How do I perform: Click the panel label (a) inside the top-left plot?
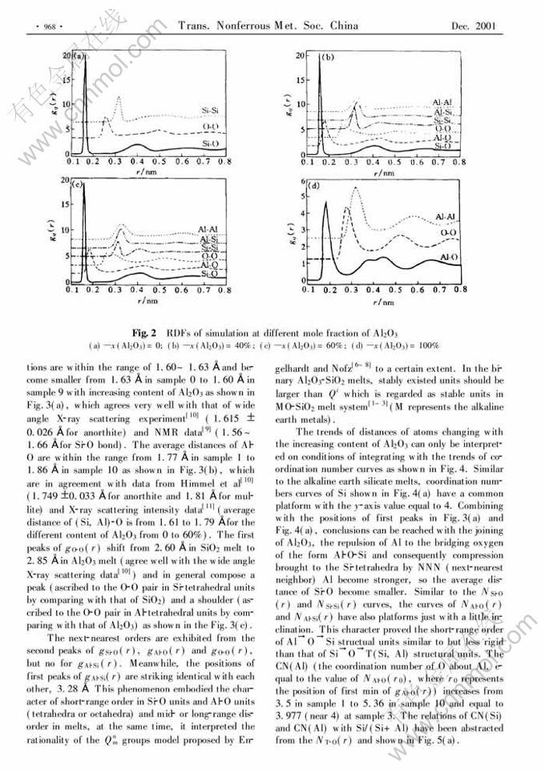point(78,56)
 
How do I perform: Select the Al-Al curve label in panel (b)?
point(442,103)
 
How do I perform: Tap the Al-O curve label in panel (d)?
point(449,257)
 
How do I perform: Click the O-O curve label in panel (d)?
point(449,231)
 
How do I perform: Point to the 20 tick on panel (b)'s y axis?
point(300,56)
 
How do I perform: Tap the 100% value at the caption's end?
point(424,345)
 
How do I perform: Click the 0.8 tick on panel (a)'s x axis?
point(229,162)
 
